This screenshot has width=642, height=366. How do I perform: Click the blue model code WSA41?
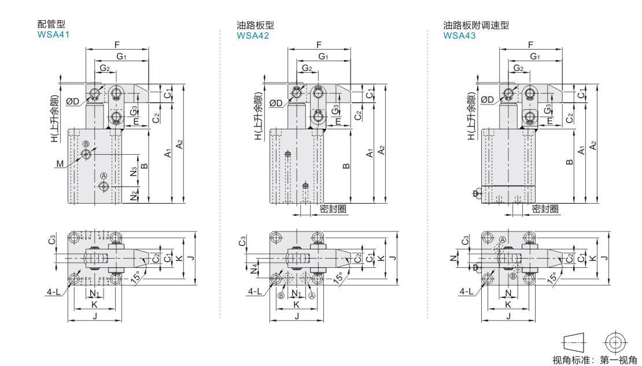click(53, 35)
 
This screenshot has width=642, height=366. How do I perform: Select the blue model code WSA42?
click(253, 36)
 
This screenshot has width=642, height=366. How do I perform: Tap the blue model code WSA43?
click(459, 36)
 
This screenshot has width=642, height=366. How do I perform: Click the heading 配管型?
click(51, 24)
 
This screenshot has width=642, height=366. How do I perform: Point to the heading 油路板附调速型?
click(476, 25)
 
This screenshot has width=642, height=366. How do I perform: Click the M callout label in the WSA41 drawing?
click(60, 164)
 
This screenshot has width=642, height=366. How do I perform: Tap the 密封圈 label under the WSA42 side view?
click(333, 209)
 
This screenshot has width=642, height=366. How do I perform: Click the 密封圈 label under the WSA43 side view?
click(545, 209)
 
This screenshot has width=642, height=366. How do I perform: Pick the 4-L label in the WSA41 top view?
click(53, 292)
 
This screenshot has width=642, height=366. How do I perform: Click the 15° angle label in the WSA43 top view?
click(552, 278)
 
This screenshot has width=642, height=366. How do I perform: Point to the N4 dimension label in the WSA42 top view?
click(254, 269)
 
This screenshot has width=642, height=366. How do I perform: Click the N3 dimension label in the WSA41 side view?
click(134, 171)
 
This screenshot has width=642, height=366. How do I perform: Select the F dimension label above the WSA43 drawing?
click(530, 44)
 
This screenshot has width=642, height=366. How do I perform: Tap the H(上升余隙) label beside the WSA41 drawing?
click(54, 119)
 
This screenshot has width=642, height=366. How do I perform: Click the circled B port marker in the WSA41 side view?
click(86, 144)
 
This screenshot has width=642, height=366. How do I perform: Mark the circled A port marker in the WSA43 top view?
click(503, 240)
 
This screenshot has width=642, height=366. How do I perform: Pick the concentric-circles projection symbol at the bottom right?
click(615, 342)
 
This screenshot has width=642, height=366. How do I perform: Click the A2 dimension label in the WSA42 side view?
click(382, 150)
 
